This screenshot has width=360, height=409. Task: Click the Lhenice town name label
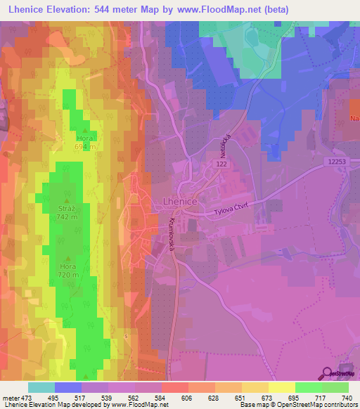(173, 202)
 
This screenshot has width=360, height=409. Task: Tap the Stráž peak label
(67, 209)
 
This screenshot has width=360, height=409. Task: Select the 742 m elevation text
(67, 218)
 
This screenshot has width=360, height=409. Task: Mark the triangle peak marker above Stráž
(67, 201)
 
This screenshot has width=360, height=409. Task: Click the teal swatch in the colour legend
(41, 387)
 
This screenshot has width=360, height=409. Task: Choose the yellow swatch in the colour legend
(281, 387)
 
